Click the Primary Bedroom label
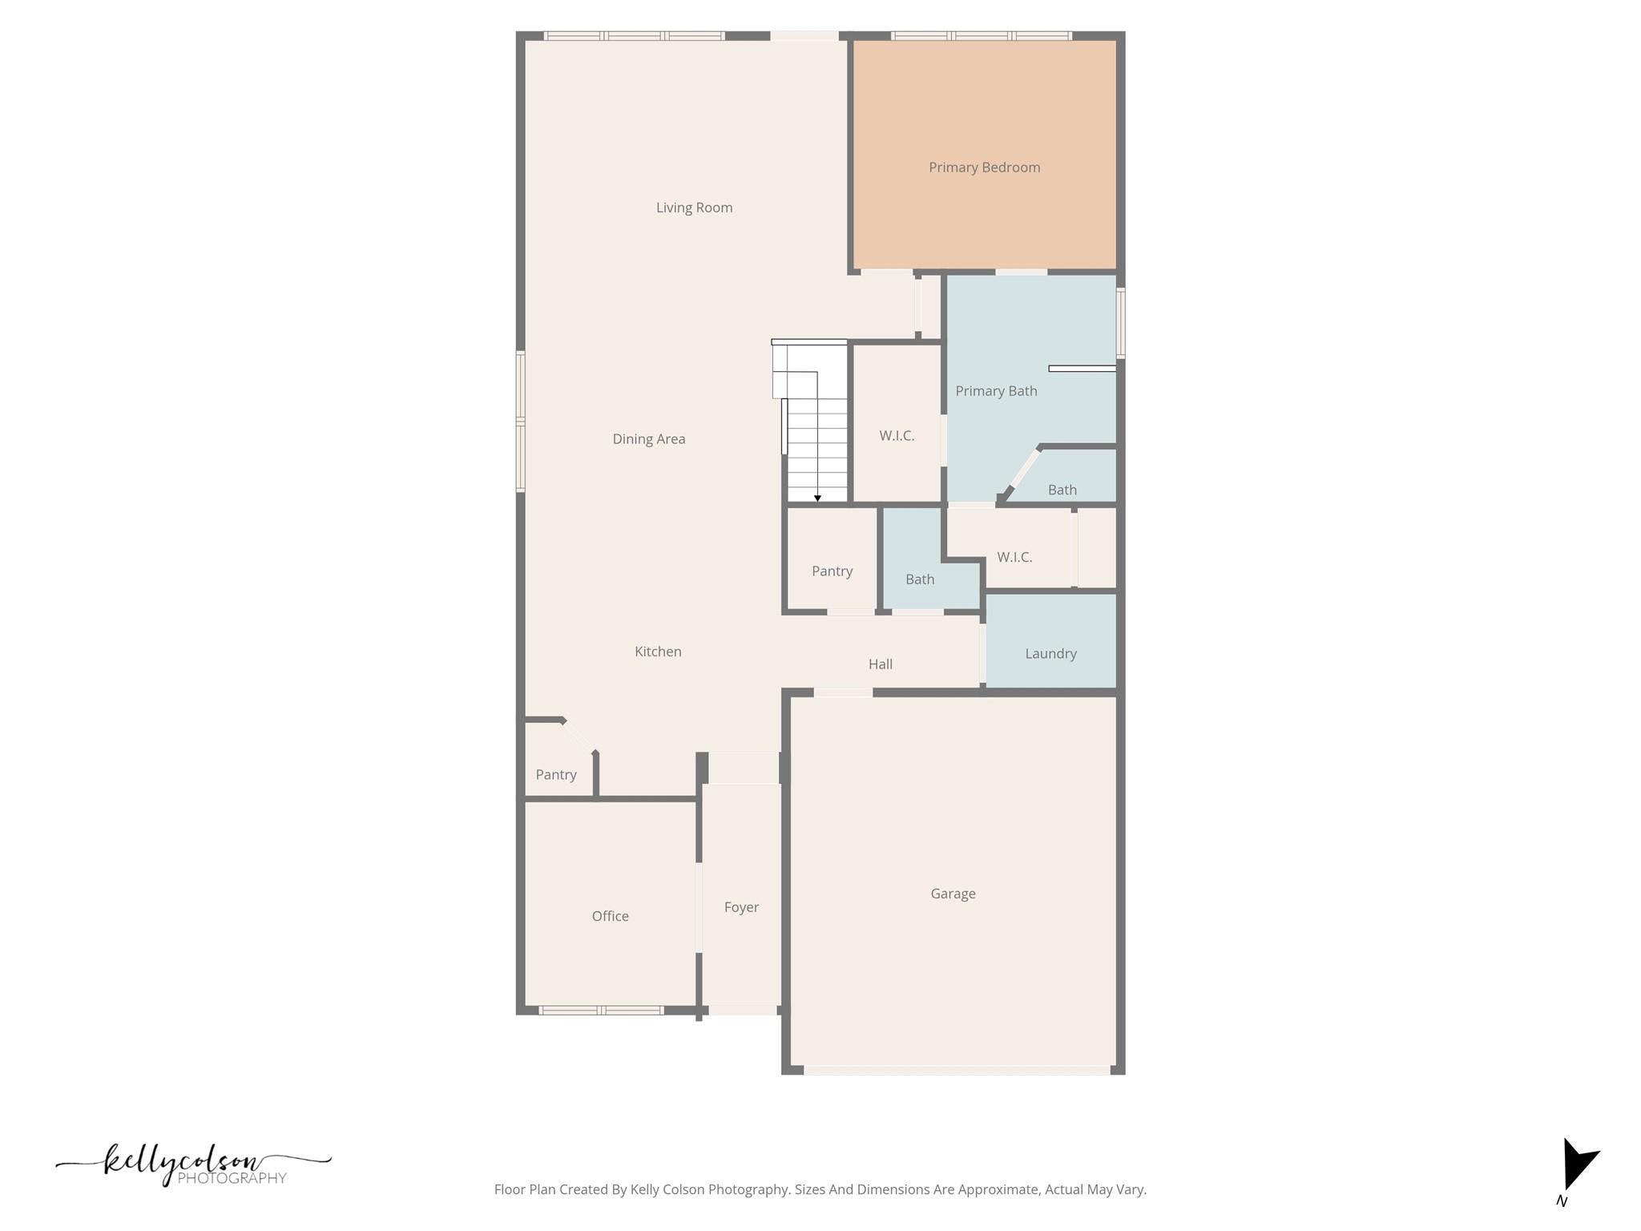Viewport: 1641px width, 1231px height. point(984,167)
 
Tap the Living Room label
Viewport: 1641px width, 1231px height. point(694,208)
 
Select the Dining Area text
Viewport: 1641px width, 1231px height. point(648,439)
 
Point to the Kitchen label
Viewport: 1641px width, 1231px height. point(658,652)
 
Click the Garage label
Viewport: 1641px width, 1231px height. point(953,894)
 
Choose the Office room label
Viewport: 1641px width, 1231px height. point(610,916)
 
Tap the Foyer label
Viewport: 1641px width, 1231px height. point(741,907)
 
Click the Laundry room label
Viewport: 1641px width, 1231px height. point(1050,654)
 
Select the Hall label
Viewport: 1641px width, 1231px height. point(880,664)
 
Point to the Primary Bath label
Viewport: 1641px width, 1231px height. point(996,391)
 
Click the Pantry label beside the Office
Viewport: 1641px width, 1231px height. point(555,775)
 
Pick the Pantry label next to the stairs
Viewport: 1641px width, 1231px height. point(832,571)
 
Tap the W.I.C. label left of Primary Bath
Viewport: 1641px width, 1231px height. point(897,436)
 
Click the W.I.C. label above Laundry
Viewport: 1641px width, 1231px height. point(1014,557)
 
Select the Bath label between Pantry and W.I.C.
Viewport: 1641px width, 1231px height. point(920,579)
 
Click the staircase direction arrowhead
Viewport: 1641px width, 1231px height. point(817,498)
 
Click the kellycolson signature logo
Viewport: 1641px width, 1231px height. point(192,1164)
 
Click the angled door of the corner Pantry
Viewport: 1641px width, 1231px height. point(579,736)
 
